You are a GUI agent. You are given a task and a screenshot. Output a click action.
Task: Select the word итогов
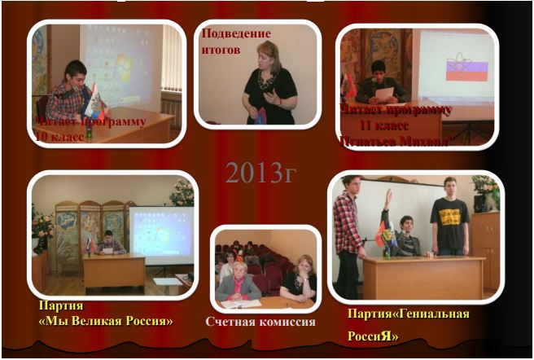221,50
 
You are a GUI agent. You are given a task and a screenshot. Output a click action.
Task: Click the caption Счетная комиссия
260,322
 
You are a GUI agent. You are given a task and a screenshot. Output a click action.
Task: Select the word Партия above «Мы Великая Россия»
61,306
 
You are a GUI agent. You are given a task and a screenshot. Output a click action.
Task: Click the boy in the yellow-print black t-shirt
449,220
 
